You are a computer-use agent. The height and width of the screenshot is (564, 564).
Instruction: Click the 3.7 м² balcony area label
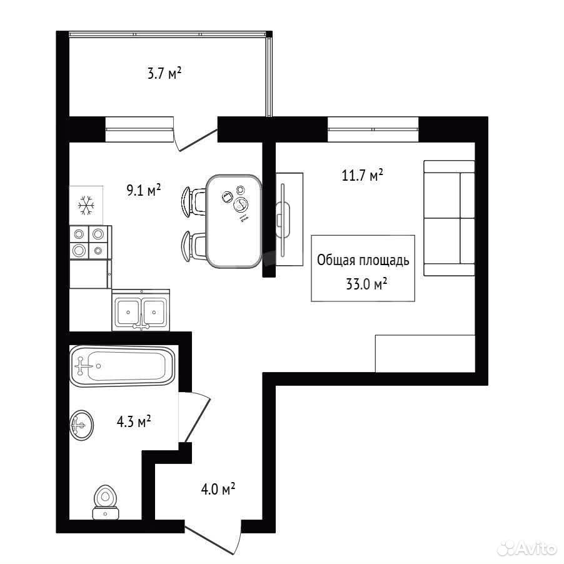pos(164,73)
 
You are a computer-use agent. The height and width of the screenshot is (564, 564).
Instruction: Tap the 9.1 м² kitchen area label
pos(144,190)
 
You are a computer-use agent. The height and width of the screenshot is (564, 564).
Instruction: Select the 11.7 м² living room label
pos(363,175)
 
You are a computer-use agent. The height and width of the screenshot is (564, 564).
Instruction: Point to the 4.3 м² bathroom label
pos(134,421)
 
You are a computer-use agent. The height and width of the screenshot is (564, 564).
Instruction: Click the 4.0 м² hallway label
pos(218,489)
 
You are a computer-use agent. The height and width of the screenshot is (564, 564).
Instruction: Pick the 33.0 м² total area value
pos(366,284)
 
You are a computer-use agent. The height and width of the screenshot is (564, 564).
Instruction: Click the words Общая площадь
pos(363,260)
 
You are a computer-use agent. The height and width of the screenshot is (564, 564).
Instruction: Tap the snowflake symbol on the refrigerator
pos(86,205)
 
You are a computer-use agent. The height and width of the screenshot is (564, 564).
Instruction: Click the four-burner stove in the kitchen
pos(91,242)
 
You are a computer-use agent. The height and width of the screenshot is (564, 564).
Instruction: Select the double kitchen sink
pos(141,310)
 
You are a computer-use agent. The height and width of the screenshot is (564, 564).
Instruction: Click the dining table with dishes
pos(234,221)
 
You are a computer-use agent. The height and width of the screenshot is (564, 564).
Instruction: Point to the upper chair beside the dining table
pos(193,201)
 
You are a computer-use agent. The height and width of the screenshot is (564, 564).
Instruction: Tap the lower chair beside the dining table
pos(194,246)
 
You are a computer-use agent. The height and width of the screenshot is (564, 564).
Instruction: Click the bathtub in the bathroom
pos(123,366)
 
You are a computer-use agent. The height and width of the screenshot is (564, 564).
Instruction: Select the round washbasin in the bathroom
pos(82,425)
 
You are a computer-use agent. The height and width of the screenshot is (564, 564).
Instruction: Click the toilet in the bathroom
pos(106,502)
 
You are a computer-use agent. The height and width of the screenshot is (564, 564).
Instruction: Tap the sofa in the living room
pos(449,218)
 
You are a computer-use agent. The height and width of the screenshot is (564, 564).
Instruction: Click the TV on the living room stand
pos(283,220)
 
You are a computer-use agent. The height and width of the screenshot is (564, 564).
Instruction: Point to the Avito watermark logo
pos(526,548)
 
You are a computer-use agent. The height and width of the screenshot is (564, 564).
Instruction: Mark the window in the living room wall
pos(373,129)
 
